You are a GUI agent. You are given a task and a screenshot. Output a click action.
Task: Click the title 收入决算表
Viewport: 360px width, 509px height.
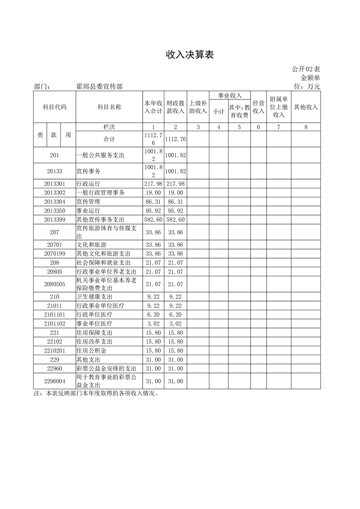click(189, 55)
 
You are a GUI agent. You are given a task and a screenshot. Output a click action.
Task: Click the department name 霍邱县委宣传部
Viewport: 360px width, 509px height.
click(99, 86)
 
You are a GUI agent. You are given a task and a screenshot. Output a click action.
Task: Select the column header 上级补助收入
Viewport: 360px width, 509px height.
click(198, 107)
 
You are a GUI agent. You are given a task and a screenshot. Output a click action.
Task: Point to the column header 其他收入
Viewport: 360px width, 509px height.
click(306, 107)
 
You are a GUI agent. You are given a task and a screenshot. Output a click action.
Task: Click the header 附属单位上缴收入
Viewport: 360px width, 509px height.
click(279, 107)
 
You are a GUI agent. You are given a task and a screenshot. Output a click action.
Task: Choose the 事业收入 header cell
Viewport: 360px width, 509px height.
click(229, 96)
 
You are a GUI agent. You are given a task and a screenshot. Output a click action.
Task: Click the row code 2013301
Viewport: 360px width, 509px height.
click(54, 184)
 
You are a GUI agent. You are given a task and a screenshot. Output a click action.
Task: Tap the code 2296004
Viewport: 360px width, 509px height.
click(54, 382)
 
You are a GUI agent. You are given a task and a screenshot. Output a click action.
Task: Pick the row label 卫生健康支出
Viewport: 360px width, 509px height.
click(94, 297)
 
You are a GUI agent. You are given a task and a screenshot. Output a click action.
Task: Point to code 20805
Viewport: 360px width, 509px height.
click(54, 272)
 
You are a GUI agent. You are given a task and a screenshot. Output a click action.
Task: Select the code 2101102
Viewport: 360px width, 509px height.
click(54, 324)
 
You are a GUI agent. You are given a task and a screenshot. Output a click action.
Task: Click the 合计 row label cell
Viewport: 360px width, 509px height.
click(109, 139)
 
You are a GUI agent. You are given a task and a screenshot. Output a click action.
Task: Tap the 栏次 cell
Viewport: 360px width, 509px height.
click(109, 127)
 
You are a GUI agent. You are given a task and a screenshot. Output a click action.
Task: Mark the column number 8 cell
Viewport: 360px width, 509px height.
click(306, 127)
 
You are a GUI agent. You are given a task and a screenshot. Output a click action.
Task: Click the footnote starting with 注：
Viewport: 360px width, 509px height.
click(96, 393)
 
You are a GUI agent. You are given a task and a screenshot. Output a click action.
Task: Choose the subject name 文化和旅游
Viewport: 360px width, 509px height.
click(91, 245)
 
